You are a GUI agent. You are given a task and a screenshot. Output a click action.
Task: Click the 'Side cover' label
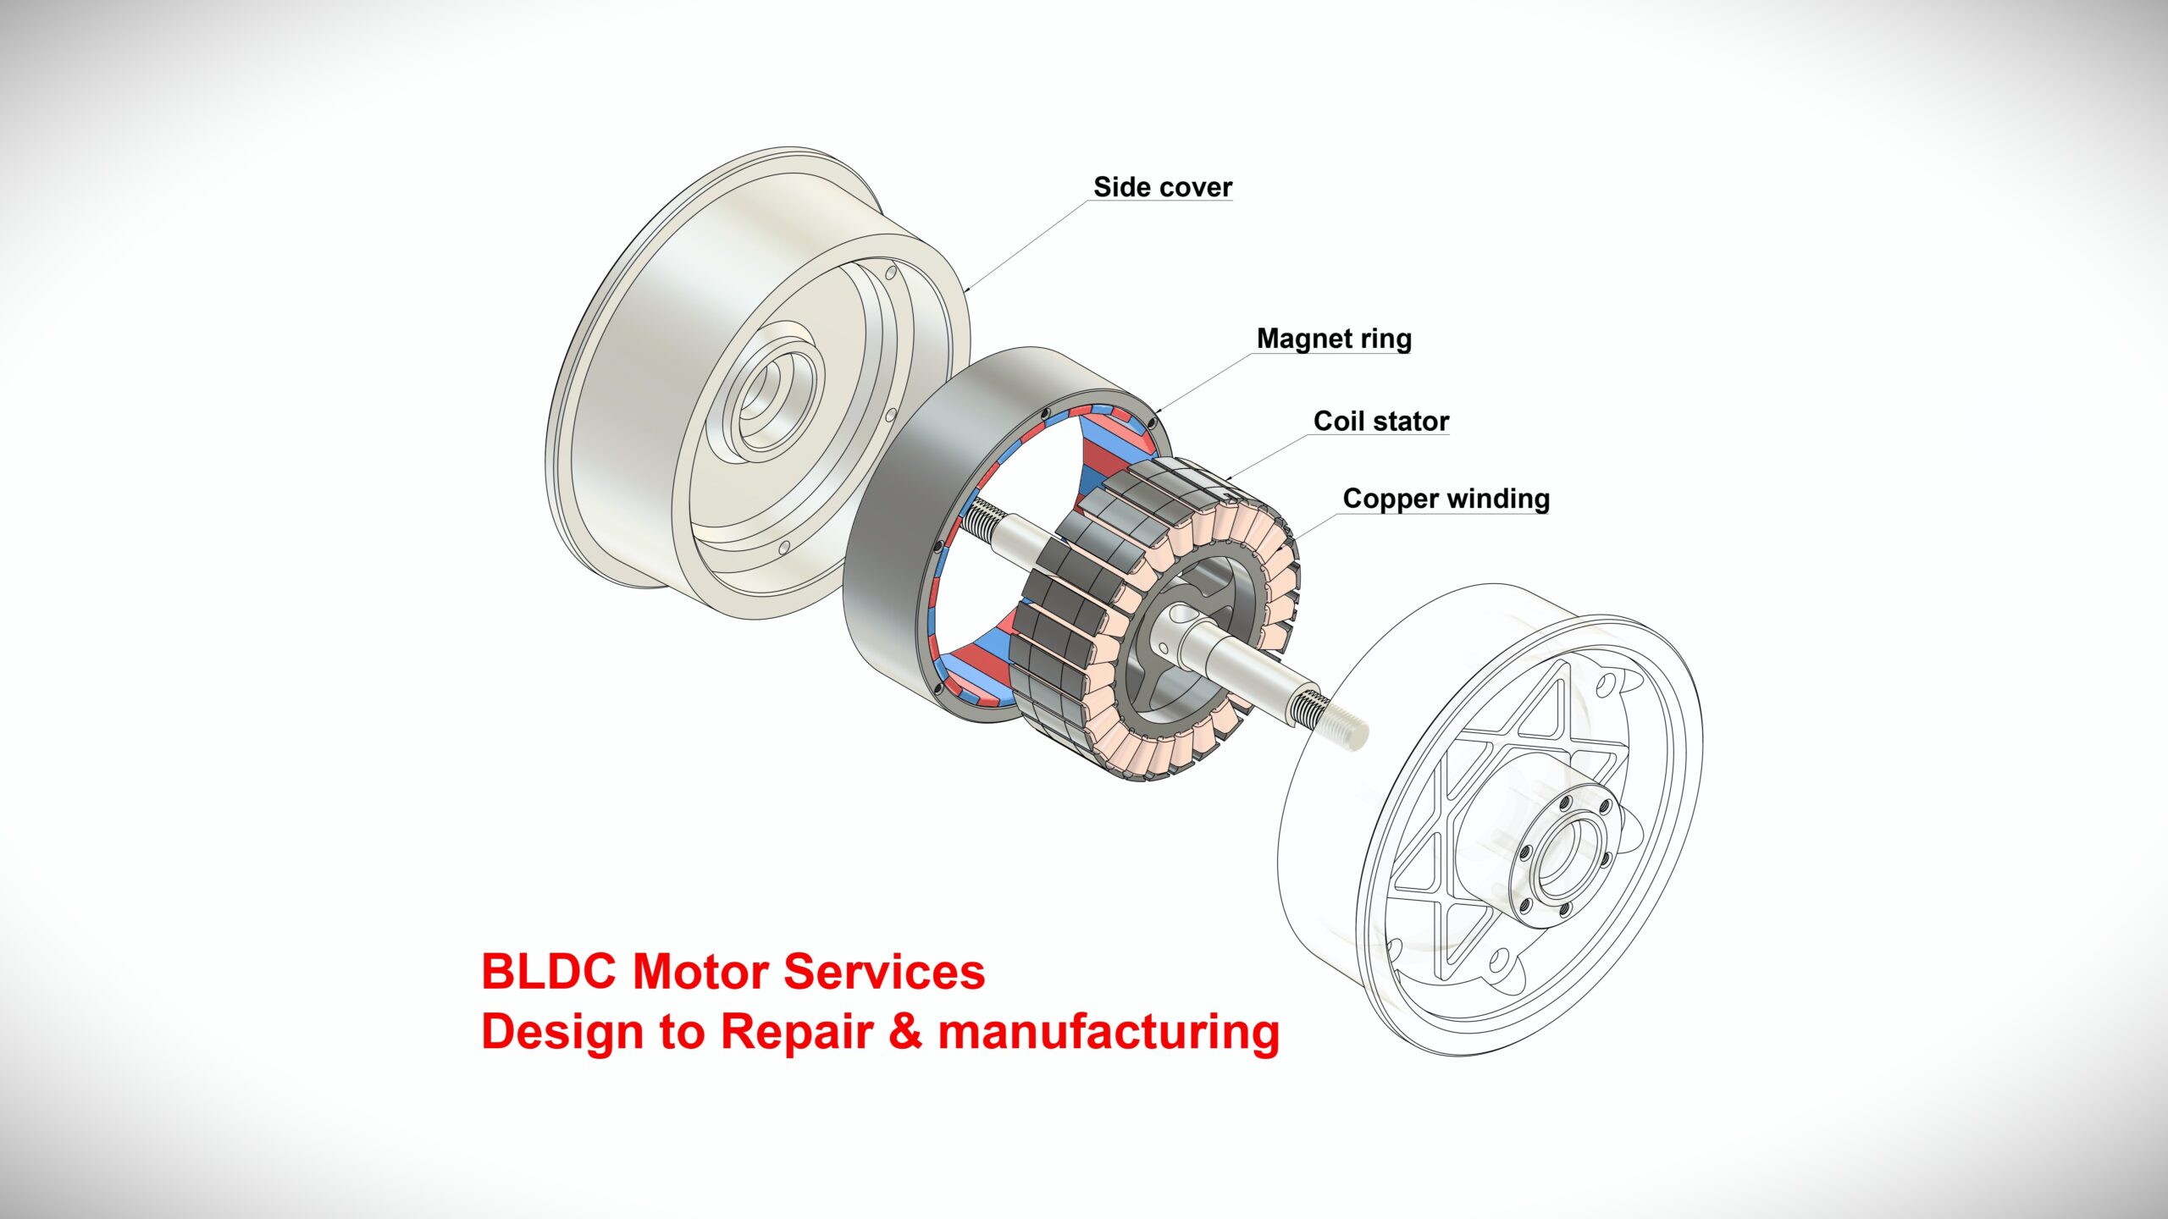pyautogui.click(x=1162, y=187)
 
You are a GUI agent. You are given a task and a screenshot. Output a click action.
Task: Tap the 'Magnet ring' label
pyautogui.click(x=1334, y=339)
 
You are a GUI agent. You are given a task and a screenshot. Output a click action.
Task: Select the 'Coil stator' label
pyautogui.click(x=1380, y=421)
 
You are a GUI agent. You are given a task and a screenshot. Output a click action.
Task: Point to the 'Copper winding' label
pyautogui.click(x=1446, y=499)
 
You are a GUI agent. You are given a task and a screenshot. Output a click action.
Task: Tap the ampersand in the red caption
pyautogui.click(x=905, y=1031)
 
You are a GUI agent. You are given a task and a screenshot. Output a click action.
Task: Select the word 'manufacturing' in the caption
pyautogui.click(x=1109, y=1033)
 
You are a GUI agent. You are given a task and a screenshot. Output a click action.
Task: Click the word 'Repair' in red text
pyautogui.click(x=797, y=1033)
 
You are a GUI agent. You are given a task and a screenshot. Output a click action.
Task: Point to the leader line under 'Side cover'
pyautogui.click(x=1025, y=245)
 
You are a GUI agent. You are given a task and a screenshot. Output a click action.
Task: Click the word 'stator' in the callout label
pyautogui.click(x=1412, y=421)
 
